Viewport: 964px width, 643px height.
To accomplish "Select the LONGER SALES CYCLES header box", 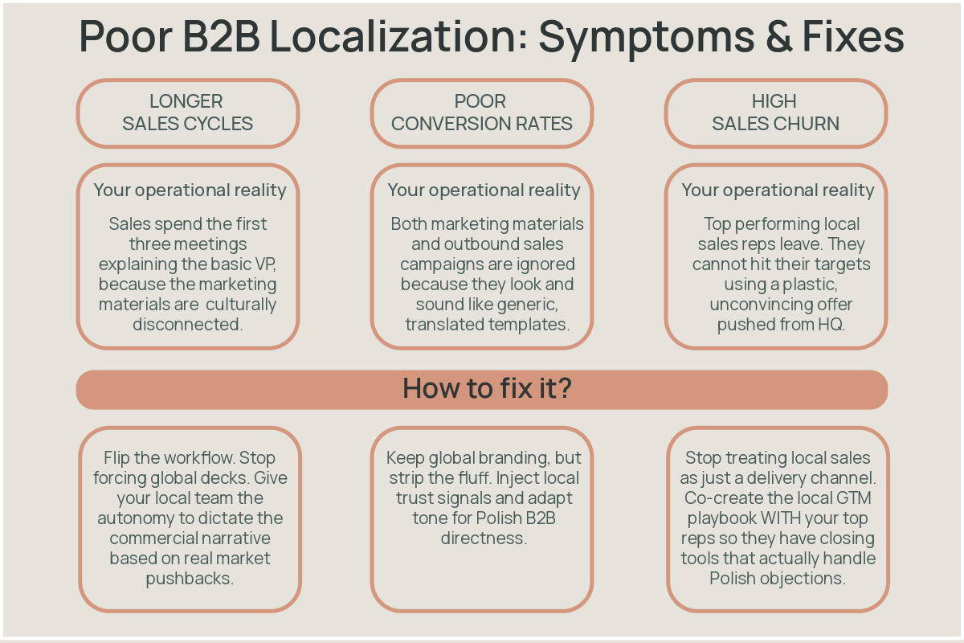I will [x=188, y=113].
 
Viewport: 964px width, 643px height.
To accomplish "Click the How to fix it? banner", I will [x=482, y=389].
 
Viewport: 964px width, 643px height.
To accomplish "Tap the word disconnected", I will [x=187, y=325].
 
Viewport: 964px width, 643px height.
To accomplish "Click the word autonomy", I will [x=141, y=518].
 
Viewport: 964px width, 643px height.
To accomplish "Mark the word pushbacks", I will [x=190, y=579].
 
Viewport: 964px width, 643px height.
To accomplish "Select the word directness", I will [x=483, y=539].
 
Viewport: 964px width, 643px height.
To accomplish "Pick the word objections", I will [x=807, y=579].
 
